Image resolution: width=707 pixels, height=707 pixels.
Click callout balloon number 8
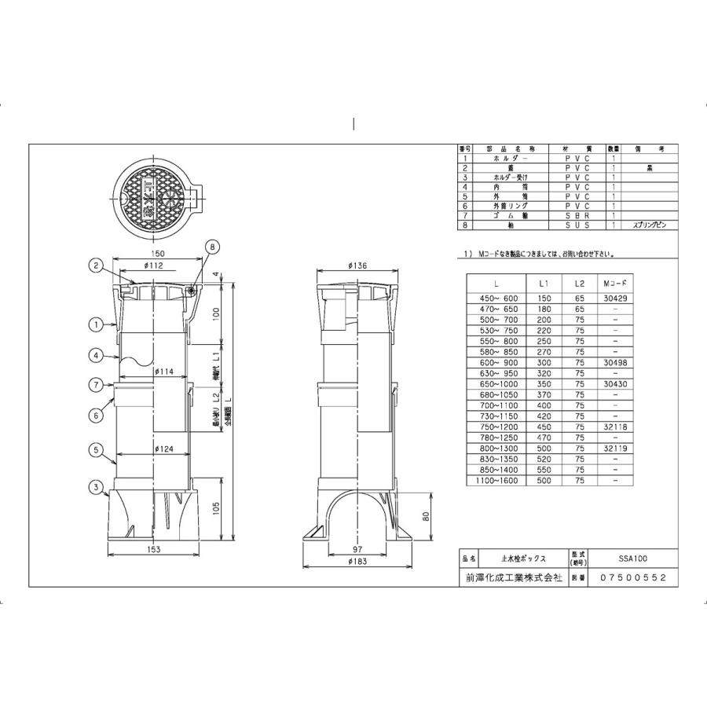tap(211, 247)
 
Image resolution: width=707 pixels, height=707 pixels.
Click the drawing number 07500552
tap(633, 577)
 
